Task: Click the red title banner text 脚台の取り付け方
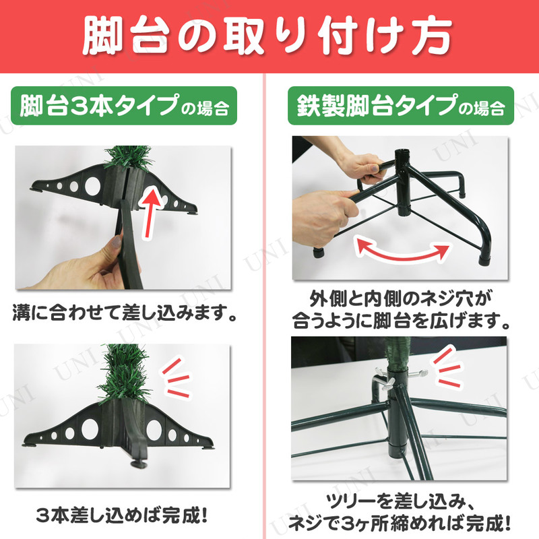click(267, 37)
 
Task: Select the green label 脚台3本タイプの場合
click(124, 106)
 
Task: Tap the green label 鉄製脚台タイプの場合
click(401, 106)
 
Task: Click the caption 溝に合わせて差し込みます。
click(125, 313)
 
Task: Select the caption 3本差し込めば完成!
click(122, 515)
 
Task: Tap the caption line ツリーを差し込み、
click(400, 503)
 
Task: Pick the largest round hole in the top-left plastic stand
click(92, 186)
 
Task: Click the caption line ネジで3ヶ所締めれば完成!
click(399, 524)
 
